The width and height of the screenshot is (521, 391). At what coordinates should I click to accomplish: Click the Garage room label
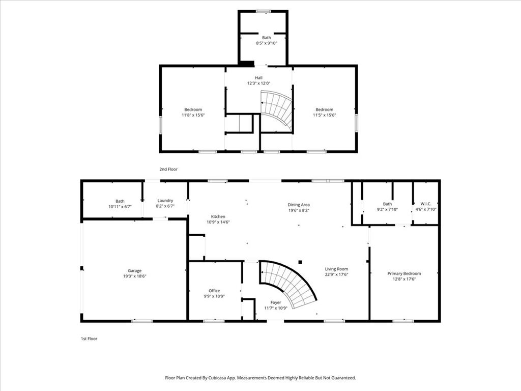pos(134,271)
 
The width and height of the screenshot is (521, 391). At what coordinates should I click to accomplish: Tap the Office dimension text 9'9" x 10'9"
pos(214,296)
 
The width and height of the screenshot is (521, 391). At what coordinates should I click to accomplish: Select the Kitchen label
pos(218,216)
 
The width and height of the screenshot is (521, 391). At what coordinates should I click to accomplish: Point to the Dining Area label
pos(299,205)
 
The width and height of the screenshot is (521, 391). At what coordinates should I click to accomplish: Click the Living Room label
pos(337,269)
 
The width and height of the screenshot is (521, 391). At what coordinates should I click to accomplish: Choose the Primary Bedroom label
pos(404,273)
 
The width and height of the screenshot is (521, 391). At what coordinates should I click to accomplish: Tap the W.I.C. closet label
pos(426,204)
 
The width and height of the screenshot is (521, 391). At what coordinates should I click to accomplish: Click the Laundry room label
pos(165,201)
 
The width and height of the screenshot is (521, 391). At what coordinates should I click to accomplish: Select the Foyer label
pos(276,302)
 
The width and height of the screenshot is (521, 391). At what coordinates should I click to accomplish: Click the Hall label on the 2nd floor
pos(259,78)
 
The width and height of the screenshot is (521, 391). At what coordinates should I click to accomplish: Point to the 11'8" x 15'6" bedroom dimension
pos(193,116)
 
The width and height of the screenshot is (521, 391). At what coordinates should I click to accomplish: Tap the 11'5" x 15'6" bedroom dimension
pos(324,116)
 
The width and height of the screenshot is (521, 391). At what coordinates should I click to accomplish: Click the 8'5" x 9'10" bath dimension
pos(267,43)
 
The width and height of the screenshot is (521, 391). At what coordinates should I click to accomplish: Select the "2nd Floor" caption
pos(168,169)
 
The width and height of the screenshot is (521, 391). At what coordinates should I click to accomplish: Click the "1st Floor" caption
pos(89,339)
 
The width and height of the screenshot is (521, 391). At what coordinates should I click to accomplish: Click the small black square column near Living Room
pos(300,262)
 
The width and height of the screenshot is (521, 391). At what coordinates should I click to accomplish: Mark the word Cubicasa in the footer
pos(218,378)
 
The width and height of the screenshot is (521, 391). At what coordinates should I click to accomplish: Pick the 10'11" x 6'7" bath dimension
pos(120,207)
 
